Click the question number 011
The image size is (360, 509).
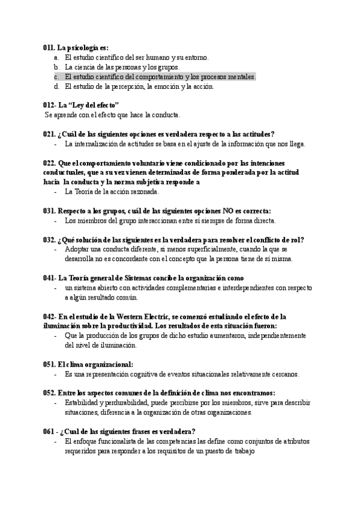[49, 47]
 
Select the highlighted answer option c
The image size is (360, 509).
[160, 77]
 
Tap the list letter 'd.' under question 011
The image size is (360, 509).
[56, 86]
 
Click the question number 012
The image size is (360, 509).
[50, 105]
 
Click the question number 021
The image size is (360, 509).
[49, 134]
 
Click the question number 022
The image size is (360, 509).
[49, 163]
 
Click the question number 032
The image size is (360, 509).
[49, 239]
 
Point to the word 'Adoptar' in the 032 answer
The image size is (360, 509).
[77, 249]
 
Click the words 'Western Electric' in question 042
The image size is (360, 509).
[148, 316]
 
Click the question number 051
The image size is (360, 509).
[49, 364]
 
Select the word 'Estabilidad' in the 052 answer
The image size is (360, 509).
[82, 403]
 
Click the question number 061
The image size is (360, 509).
[49, 432]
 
